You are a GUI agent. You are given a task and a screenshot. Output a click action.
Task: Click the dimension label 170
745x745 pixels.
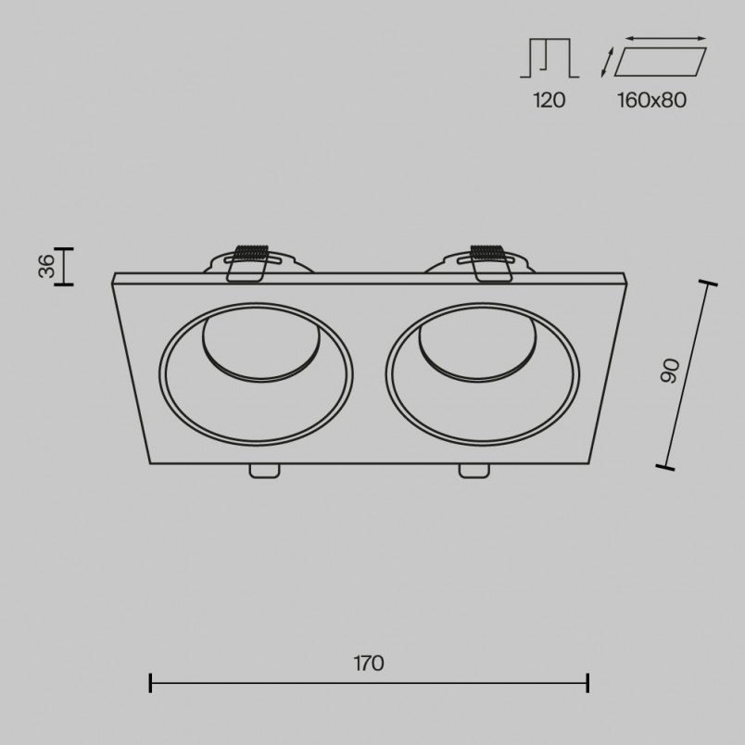point(369,663)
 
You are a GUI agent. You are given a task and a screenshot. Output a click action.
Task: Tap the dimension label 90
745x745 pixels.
point(670,371)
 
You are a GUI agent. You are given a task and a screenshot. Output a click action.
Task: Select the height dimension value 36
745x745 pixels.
point(47,266)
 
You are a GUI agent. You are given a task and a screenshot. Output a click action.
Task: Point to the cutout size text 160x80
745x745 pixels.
point(652,100)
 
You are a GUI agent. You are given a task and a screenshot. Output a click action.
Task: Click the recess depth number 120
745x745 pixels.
point(549,100)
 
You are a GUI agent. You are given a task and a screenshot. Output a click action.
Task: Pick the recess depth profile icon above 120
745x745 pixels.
point(549,57)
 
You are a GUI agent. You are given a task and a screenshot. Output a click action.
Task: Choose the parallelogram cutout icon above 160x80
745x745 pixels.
point(661,62)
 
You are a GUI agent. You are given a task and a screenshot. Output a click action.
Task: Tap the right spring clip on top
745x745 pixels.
point(489,263)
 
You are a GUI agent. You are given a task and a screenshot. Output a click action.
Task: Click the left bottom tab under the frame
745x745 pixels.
point(265,471)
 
